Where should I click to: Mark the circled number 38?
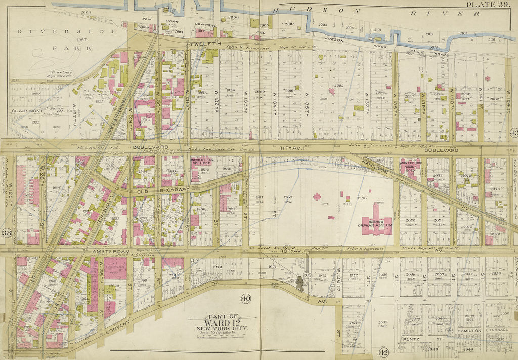(7, 233)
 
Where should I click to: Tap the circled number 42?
(383, 352)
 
